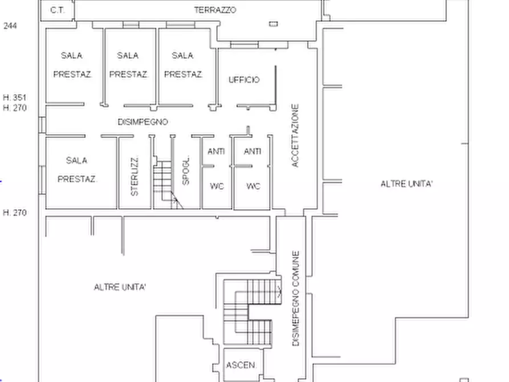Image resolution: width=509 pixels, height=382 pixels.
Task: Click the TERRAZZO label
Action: tap(215, 10)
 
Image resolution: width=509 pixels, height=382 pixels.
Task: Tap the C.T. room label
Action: tap(58, 10)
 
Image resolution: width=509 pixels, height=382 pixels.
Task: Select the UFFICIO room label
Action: tap(244, 80)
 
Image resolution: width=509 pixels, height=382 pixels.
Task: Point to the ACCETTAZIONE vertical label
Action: tap(295, 136)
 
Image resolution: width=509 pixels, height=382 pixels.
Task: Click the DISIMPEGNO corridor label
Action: tap(142, 122)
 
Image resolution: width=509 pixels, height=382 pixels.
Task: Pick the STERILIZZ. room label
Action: tap(135, 176)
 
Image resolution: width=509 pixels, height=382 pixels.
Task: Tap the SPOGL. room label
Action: tap(185, 171)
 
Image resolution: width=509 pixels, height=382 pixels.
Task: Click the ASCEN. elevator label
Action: tap(241, 365)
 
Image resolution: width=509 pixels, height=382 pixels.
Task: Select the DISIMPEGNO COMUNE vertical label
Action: tap(295, 298)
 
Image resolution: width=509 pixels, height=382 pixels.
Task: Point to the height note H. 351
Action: tap(15, 97)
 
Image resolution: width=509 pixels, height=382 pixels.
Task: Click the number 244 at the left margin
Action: tap(10, 26)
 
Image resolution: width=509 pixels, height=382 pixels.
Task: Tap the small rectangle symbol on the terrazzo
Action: tap(274, 24)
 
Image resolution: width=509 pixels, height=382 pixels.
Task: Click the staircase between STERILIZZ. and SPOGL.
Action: tap(166, 184)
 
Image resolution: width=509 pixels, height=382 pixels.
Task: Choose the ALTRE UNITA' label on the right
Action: tap(406, 184)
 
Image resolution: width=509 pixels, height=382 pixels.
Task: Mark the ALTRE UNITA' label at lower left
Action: tap(120, 287)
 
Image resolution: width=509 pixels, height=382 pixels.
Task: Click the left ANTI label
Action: tap(216, 151)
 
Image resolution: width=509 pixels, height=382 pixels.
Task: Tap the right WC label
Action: tap(253, 186)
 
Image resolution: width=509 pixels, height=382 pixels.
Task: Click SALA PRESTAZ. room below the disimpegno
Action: tap(77, 169)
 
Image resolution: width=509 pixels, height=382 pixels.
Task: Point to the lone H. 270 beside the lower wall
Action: tap(15, 213)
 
